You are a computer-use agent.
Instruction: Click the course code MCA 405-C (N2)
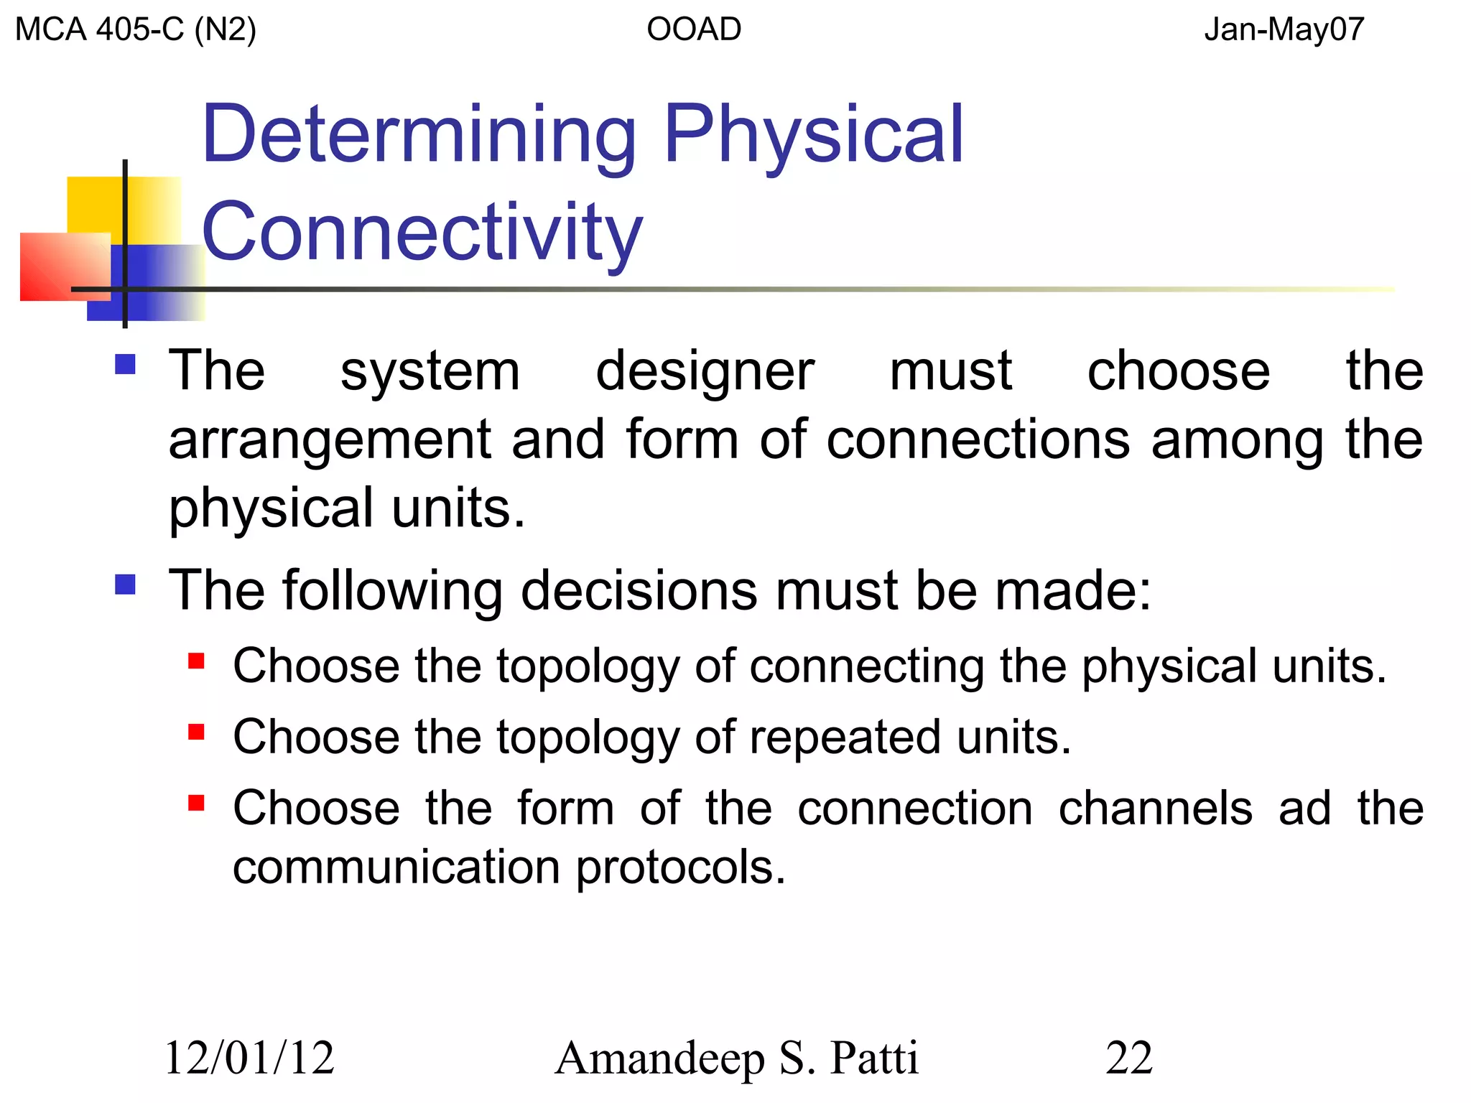[x=135, y=29]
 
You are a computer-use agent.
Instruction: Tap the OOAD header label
[x=694, y=29]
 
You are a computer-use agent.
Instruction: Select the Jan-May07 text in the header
[x=1284, y=29]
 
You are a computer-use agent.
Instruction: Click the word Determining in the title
[x=419, y=134]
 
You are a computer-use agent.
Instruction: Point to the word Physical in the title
[x=813, y=134]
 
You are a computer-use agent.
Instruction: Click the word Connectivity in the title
[x=422, y=232]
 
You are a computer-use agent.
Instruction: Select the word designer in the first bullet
[x=705, y=372]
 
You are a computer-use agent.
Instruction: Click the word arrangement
[x=329, y=439]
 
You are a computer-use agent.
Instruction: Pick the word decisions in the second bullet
[x=639, y=590]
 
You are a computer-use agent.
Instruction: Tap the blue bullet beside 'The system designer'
[x=126, y=365]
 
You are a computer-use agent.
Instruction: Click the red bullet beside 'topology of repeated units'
[x=196, y=732]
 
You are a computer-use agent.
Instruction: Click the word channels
[x=1155, y=808]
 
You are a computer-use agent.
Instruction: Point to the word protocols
[x=680, y=867]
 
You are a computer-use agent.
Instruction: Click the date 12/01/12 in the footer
[x=249, y=1058]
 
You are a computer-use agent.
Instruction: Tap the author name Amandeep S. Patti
[x=736, y=1058]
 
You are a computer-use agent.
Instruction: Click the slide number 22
[x=1129, y=1058]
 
